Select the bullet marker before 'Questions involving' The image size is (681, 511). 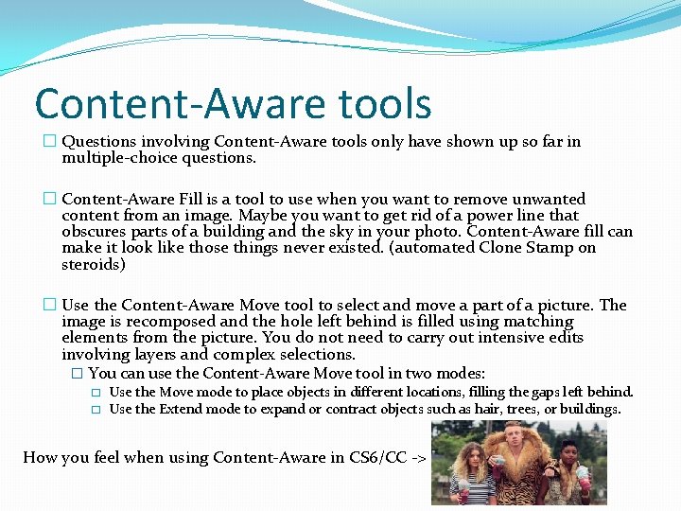(49, 142)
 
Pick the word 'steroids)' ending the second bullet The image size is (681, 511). (93, 265)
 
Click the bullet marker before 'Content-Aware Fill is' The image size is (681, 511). (49, 200)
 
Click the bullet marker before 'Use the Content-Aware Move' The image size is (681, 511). (49, 306)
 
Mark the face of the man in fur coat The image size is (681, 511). (514, 440)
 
